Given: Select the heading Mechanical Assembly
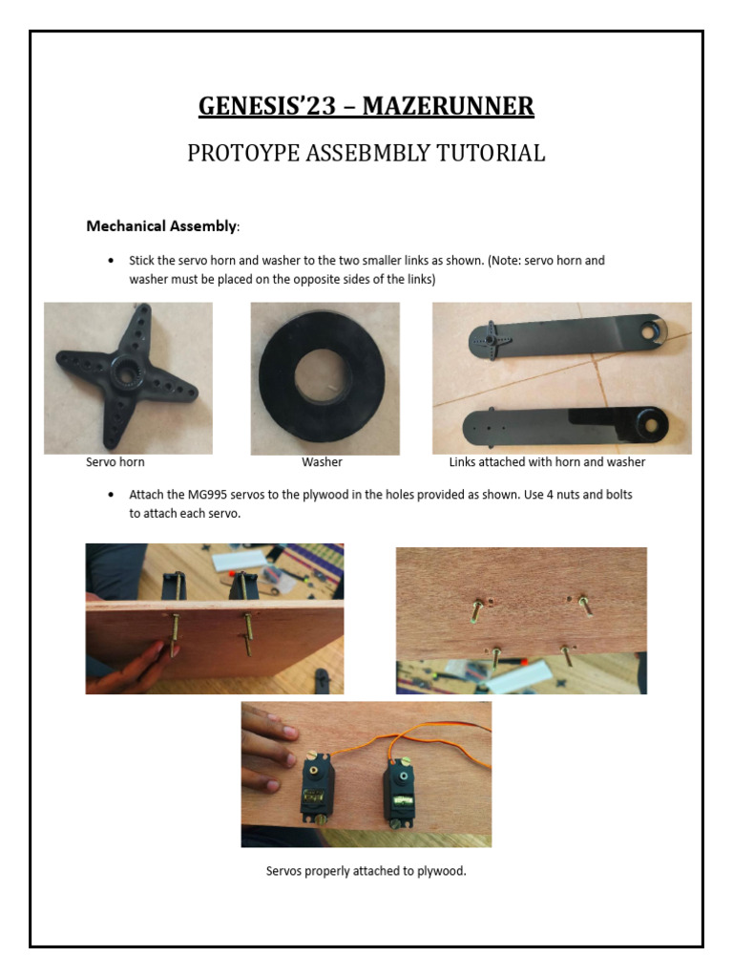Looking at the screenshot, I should point(160,226).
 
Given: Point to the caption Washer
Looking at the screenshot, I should point(322,462).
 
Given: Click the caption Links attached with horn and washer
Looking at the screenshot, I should point(547,462).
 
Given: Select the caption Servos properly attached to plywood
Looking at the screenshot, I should point(366,871).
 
